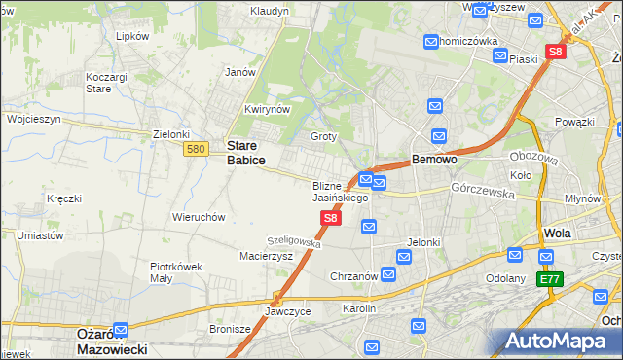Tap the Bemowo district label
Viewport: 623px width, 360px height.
[435, 159]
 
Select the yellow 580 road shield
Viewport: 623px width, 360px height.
[196, 148]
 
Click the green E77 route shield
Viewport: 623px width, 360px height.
[551, 279]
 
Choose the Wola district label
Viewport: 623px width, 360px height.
[558, 234]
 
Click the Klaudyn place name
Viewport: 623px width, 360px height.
[269, 11]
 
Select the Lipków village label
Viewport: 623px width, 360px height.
[131, 36]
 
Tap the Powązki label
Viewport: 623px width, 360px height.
[575, 122]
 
